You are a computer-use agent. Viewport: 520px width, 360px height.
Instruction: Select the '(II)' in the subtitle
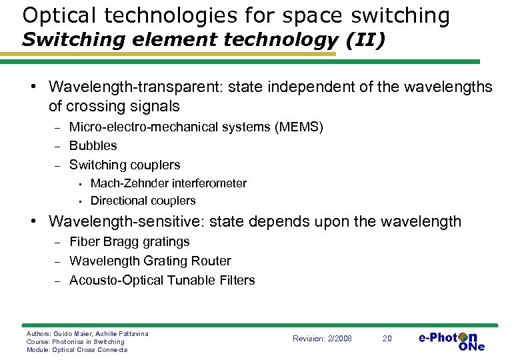[365, 40]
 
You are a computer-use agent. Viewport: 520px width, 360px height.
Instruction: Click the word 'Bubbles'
[93, 145]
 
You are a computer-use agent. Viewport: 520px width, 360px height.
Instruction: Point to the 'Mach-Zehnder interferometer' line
[168, 183]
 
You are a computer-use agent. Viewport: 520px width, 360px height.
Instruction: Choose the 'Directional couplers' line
[143, 201]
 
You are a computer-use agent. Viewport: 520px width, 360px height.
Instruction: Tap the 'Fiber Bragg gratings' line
[129, 242]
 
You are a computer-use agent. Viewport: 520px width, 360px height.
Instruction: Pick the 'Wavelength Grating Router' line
[150, 261]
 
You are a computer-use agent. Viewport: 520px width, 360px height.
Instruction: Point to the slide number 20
[387, 339]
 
